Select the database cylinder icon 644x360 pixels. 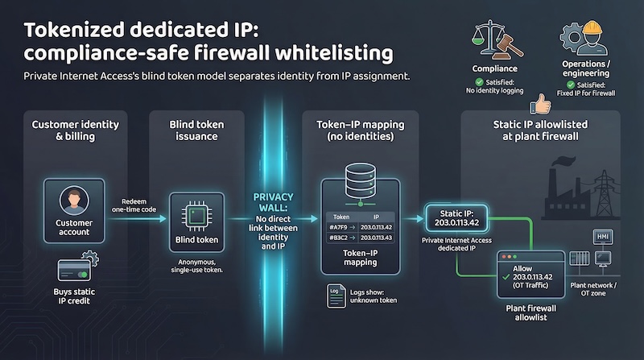tap(357, 179)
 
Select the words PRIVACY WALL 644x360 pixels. tap(275, 202)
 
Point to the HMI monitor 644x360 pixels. tap(601, 238)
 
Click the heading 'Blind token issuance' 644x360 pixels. tap(196, 130)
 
